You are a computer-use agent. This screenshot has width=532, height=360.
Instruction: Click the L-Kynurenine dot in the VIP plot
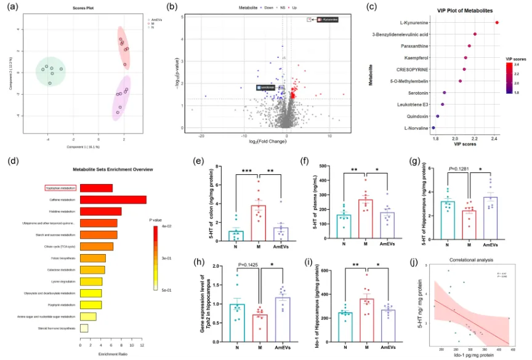pos(497,23)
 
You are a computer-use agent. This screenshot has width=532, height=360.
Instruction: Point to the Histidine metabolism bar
pos(101,211)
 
